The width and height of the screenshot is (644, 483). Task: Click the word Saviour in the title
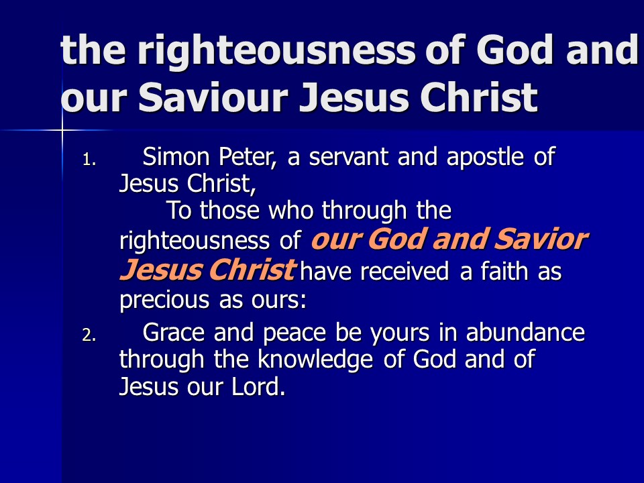point(213,97)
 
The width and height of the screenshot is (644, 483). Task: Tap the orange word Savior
point(541,239)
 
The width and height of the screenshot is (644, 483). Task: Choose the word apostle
point(485,158)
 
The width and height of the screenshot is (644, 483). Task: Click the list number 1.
point(89,160)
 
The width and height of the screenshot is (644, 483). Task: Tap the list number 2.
point(89,336)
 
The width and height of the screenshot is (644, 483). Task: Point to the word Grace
point(173,332)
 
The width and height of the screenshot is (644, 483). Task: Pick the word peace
point(294,334)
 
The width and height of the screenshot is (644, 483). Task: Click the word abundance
point(525,332)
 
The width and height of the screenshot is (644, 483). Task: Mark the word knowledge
point(315,360)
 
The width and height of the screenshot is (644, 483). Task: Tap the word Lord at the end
point(258,386)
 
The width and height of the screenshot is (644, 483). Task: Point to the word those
point(229,210)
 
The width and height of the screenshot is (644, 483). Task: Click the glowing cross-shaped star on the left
point(62,130)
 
